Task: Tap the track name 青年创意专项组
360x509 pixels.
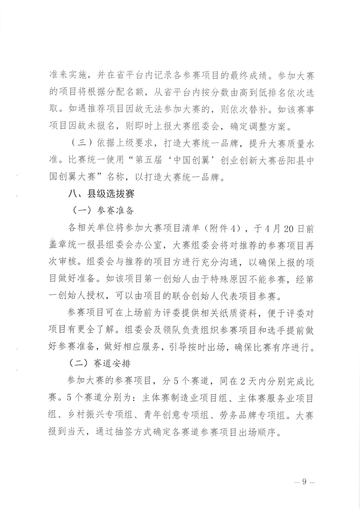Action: pyautogui.click(x=173, y=414)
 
